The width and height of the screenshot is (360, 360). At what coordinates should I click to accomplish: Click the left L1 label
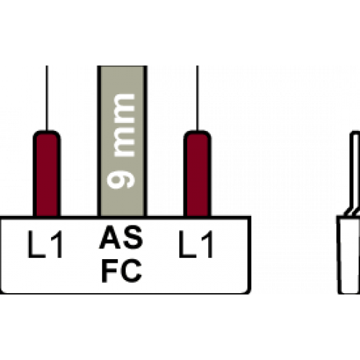pos(45,244)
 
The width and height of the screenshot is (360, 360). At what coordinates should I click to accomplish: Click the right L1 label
pos(196,244)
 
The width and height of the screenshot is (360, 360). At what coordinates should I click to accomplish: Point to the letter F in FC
pos(109,271)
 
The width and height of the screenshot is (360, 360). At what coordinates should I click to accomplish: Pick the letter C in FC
pos(131,271)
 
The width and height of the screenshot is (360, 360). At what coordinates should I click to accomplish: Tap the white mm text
pos(124,125)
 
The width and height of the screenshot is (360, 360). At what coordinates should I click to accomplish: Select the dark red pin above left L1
pos(47,174)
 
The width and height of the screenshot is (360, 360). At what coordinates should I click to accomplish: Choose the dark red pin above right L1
pos(197,174)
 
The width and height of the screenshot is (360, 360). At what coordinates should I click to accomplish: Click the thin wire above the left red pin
pos(47,98)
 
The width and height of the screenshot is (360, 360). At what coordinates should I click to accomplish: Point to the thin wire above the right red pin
pos(197,98)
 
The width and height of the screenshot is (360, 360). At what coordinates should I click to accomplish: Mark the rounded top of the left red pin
pos(47,132)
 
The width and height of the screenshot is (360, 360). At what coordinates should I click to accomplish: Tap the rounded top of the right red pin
pos(197,132)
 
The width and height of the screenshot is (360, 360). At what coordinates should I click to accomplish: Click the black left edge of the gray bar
pos(99,140)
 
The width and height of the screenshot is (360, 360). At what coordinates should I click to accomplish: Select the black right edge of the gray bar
pos(145,140)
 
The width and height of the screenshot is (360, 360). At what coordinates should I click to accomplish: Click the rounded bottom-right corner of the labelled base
pos(248,291)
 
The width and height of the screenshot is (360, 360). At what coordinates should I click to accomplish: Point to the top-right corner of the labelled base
pos(250,217)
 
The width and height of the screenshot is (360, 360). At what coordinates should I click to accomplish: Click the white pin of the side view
pos(355,173)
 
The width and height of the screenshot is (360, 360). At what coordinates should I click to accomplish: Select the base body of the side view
pos(348,255)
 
